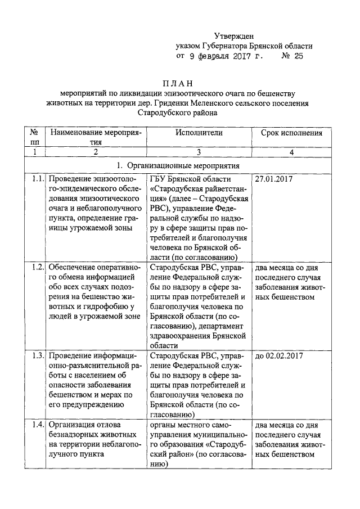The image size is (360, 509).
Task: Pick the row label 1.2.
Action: coord(38,267)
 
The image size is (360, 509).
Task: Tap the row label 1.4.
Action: coord(38,424)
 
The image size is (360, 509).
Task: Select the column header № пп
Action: coord(34,138)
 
